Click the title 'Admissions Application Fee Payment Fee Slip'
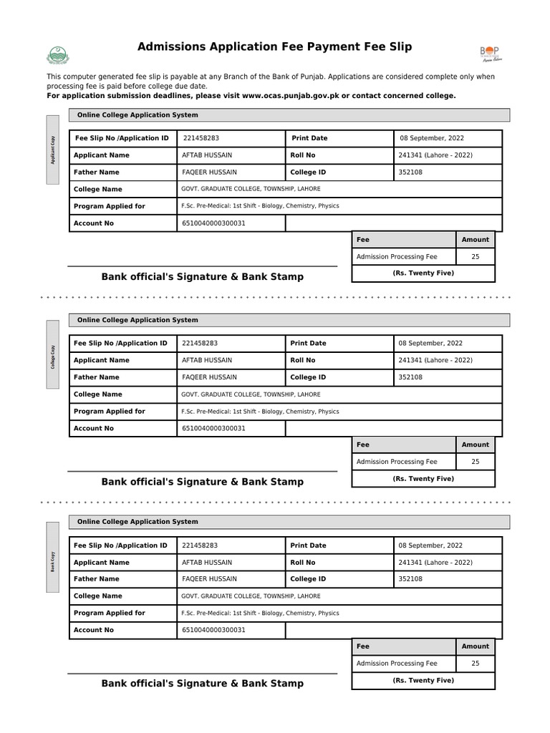[x=274, y=47]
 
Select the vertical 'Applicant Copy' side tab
[x=52, y=150]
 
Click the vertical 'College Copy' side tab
[x=52, y=355]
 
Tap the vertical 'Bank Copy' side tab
[x=52, y=557]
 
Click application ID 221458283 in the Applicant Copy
[x=201, y=138]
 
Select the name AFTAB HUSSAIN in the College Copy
[x=206, y=360]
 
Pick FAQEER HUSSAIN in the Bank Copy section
[x=209, y=579]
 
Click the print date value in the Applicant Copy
[x=430, y=138]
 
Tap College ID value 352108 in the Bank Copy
[x=410, y=579]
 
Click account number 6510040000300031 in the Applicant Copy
[x=213, y=223]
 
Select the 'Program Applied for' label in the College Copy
[x=109, y=412]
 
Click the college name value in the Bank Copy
[x=251, y=596]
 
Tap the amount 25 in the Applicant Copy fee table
[x=476, y=256]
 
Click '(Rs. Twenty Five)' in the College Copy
[x=423, y=478]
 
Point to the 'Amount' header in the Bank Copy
[x=475, y=646]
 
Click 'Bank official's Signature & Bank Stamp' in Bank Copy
[x=202, y=684]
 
